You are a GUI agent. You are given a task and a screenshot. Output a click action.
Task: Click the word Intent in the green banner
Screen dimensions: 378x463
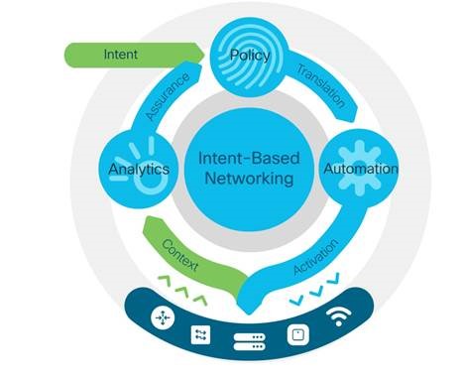120,54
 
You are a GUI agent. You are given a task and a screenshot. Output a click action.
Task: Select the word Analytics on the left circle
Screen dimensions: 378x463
139,169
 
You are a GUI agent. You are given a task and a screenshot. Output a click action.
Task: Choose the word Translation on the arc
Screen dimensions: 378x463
320,85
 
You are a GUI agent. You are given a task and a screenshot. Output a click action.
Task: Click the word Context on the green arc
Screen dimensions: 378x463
179,253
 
